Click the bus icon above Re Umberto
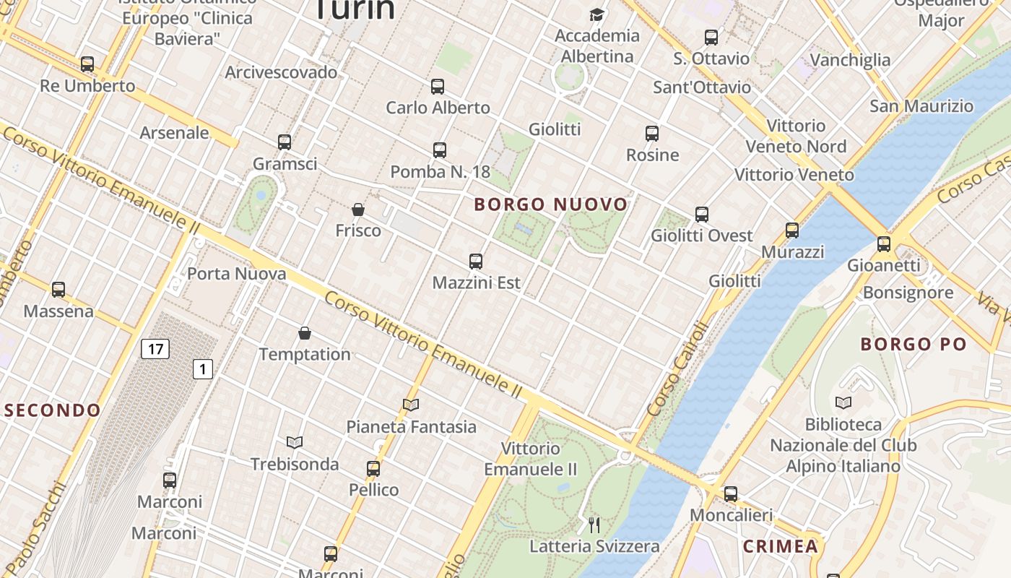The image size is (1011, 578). (87, 64)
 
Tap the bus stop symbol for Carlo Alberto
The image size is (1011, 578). (437, 87)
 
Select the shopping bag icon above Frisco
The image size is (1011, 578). (357, 210)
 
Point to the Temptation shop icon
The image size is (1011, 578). (305, 333)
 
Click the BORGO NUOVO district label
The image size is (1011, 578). (551, 204)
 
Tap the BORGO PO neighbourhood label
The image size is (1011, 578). (913, 344)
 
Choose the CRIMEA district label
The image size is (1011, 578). (781, 546)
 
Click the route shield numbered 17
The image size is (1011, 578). (155, 350)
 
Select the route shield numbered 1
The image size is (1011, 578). (203, 369)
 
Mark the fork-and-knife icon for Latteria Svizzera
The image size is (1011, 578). (594, 525)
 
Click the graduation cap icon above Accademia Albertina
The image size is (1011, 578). (596, 14)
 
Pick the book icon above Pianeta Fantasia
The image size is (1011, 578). (411, 405)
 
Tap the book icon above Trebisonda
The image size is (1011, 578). (294, 442)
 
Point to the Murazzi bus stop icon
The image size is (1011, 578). (792, 230)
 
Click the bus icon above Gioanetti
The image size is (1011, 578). (884, 244)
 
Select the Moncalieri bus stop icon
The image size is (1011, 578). (731, 494)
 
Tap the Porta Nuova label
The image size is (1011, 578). (236, 274)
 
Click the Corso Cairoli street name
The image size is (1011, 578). (677, 368)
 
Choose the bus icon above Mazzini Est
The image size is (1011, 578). (475, 262)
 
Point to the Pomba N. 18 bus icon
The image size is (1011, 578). (440, 150)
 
